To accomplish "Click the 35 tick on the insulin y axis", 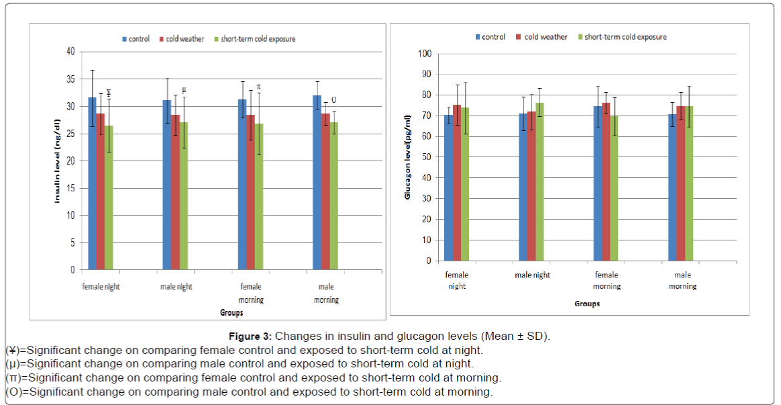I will (70, 79).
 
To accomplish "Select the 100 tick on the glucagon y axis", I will (425, 54).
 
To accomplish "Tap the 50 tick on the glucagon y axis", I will (427, 157).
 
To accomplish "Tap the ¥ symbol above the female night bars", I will (108, 93).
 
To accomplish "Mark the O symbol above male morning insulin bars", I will (333, 100).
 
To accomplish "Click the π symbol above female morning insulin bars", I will (258, 87).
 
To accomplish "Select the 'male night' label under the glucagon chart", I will (532, 275).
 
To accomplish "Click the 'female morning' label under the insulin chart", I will (251, 293).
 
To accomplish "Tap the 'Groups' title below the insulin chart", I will (231, 313).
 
